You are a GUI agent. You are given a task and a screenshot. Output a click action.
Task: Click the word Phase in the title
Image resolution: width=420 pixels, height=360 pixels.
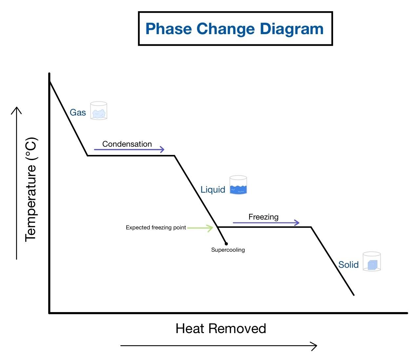pos(169,29)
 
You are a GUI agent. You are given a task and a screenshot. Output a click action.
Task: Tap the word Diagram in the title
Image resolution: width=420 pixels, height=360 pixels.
pos(292,29)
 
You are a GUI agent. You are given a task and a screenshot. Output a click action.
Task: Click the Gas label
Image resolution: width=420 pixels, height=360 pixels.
pos(78,113)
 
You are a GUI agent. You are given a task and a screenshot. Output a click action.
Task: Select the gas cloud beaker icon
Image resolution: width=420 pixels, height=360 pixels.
pos(99,111)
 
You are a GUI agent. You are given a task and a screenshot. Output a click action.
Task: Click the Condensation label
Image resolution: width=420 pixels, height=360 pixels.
pos(127,144)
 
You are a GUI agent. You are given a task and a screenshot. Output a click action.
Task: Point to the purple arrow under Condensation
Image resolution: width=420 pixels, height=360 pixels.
pos(129,150)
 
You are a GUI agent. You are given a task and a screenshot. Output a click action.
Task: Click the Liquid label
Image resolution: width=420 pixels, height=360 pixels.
pos(213,190)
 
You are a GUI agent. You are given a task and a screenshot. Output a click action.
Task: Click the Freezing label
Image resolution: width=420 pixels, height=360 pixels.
pos(263,217)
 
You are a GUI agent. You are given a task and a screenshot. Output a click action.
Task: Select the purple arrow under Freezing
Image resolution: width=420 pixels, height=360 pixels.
pos(266,223)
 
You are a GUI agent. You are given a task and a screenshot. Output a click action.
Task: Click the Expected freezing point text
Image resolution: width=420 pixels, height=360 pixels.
pos(156,228)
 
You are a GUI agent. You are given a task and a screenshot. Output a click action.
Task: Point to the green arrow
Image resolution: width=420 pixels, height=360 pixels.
pos(200,228)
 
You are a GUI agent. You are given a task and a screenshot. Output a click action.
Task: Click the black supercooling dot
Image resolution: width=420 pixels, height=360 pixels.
pos(226,244)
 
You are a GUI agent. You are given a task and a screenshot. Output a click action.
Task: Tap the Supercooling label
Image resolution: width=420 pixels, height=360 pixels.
pos(228,250)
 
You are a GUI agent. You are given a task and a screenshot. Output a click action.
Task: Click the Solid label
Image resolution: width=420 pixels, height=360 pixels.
pos(348,265)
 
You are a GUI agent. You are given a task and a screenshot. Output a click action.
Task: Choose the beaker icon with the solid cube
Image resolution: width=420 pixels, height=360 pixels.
pos(372,262)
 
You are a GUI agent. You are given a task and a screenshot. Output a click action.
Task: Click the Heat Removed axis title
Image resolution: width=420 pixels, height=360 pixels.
pos(221,328)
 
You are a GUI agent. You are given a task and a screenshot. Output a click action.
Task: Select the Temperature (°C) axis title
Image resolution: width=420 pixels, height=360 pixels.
pos(31,189)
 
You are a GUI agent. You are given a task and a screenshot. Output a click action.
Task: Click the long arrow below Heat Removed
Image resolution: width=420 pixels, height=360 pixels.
pos(219,346)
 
